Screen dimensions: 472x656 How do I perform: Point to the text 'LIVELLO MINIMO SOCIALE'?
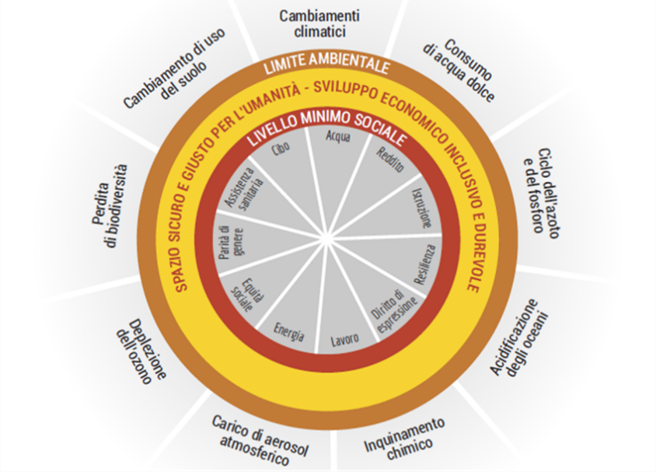coord(327,134)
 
